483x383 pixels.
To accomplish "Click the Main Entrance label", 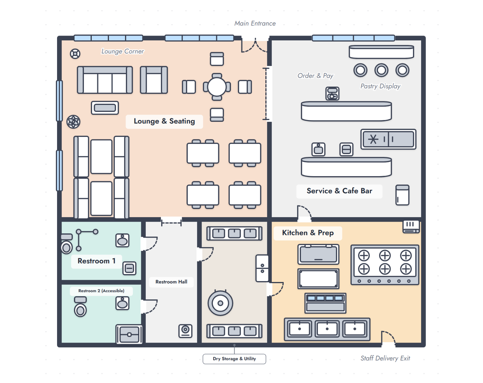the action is tap(255, 23).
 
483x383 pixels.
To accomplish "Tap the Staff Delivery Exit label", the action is tap(385, 358).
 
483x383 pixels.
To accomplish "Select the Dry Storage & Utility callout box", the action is tap(234, 359).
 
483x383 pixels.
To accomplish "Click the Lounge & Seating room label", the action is tap(164, 121).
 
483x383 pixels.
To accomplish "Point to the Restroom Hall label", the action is tap(171, 282).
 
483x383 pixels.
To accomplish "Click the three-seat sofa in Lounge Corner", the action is tap(105, 80).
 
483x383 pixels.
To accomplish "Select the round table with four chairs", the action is tap(216, 87).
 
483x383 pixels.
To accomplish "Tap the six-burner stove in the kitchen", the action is tap(385, 265).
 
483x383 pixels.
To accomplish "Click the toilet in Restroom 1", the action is tap(67, 244).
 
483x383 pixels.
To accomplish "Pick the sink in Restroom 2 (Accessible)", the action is tap(122, 303).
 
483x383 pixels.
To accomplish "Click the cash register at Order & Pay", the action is tap(332, 93).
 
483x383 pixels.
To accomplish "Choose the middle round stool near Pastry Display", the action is tap(381, 70).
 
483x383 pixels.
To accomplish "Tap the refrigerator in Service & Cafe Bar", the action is tap(402, 195).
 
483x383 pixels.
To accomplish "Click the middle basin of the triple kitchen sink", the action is tap(327, 329).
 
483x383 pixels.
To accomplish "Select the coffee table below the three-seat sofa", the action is tap(105, 108).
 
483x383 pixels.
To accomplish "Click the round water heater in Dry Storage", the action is tap(220, 303).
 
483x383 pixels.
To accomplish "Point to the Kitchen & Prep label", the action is tap(308, 233).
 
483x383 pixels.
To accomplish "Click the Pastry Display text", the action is tap(380, 86).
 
